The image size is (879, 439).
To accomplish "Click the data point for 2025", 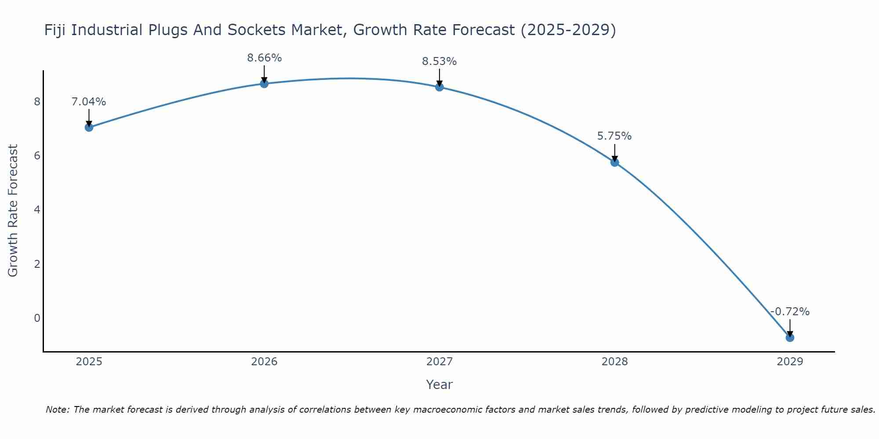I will coord(89,127).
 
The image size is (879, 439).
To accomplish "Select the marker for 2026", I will coord(264,83).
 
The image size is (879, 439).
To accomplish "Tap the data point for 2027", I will coord(439,87).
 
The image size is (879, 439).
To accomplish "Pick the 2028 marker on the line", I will coord(615,162).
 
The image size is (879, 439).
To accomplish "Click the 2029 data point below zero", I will coord(790,338).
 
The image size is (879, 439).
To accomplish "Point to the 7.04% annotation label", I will coord(89,102).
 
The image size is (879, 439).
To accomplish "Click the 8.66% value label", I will coord(264,58).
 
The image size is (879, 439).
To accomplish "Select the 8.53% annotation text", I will coord(439,61).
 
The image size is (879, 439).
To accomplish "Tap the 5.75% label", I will coord(614,136).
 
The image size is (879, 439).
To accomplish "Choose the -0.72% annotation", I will coord(790,312).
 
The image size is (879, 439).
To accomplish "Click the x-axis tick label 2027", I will coord(439,362).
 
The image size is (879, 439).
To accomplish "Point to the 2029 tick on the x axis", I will coord(790,362).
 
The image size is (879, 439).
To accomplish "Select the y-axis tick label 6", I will coord(37,156).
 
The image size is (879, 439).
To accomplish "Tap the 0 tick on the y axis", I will coord(37,318).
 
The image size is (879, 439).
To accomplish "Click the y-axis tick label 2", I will coord(37,264).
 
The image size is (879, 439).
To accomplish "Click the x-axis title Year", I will coord(439,385).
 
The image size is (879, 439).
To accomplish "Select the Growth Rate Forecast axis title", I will coord(13,211).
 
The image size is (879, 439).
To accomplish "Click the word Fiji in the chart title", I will coord(55,30).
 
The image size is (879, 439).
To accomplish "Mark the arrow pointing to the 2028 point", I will coord(615,153).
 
